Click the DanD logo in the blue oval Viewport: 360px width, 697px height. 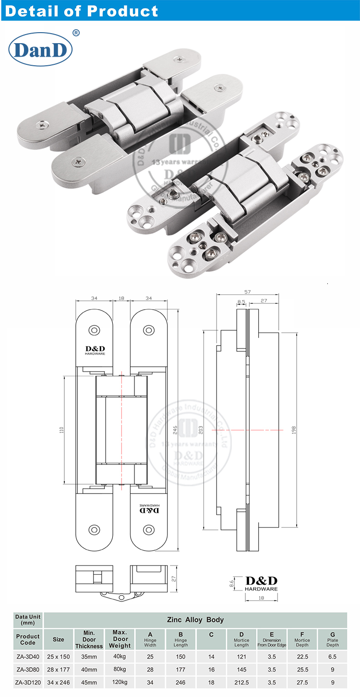point(40,49)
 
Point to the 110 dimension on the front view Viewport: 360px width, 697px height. point(61,430)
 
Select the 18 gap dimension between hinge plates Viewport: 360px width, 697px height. point(121,299)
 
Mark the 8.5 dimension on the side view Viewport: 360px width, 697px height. point(241,302)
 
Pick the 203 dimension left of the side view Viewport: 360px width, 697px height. point(200,430)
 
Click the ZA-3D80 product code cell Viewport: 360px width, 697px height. point(28,669)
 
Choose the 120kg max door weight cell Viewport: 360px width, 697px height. point(120,682)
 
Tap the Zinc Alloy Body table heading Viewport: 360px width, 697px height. point(195,620)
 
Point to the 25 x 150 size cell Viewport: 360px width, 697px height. point(59,656)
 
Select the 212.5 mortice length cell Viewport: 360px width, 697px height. point(241,682)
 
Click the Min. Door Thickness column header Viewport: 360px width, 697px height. point(89,639)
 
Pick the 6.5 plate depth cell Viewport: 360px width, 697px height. point(332,656)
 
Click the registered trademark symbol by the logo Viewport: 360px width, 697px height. point(75,33)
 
